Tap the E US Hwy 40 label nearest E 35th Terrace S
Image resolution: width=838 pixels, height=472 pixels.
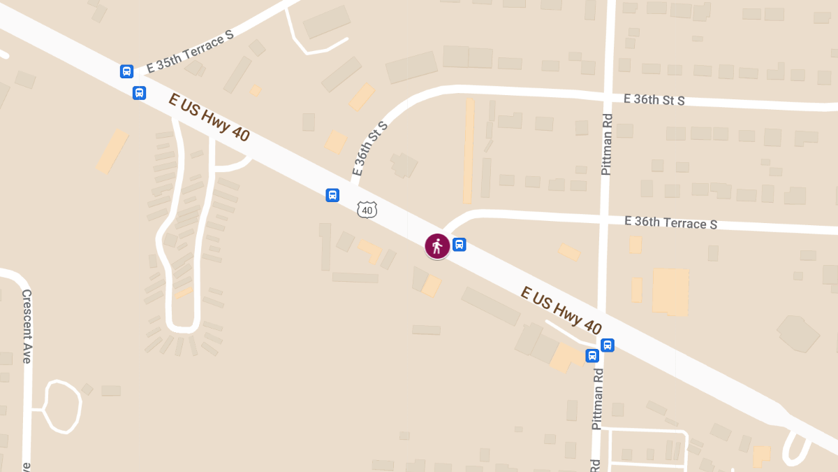pos(208,117)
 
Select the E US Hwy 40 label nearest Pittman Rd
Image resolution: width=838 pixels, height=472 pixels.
pos(561,310)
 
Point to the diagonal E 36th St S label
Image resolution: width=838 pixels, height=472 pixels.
pos(369,148)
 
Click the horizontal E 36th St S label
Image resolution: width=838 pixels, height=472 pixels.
pos(654,100)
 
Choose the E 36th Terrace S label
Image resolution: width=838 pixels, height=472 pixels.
pos(670,222)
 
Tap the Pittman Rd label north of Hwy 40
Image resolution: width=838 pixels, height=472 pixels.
pos(606,144)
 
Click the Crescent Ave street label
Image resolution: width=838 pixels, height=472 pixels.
pos(27,326)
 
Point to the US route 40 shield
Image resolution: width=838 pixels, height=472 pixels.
pos(367,210)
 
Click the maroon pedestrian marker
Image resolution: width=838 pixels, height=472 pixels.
pos(437,246)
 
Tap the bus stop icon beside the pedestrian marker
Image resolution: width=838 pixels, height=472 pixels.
pos(459,244)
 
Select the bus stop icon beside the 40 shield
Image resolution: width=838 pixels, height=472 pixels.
pos(332,195)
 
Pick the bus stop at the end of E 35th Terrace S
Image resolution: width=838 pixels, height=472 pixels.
pos(126,71)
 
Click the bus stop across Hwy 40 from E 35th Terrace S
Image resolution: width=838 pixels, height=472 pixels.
pos(140,92)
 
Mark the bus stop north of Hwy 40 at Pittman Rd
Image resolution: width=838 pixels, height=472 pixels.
pos(608,345)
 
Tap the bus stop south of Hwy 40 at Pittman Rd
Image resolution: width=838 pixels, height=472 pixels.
pos(592,355)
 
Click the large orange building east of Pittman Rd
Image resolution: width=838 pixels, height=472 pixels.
pos(670,291)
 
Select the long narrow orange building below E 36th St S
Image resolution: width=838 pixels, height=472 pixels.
pos(469,150)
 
